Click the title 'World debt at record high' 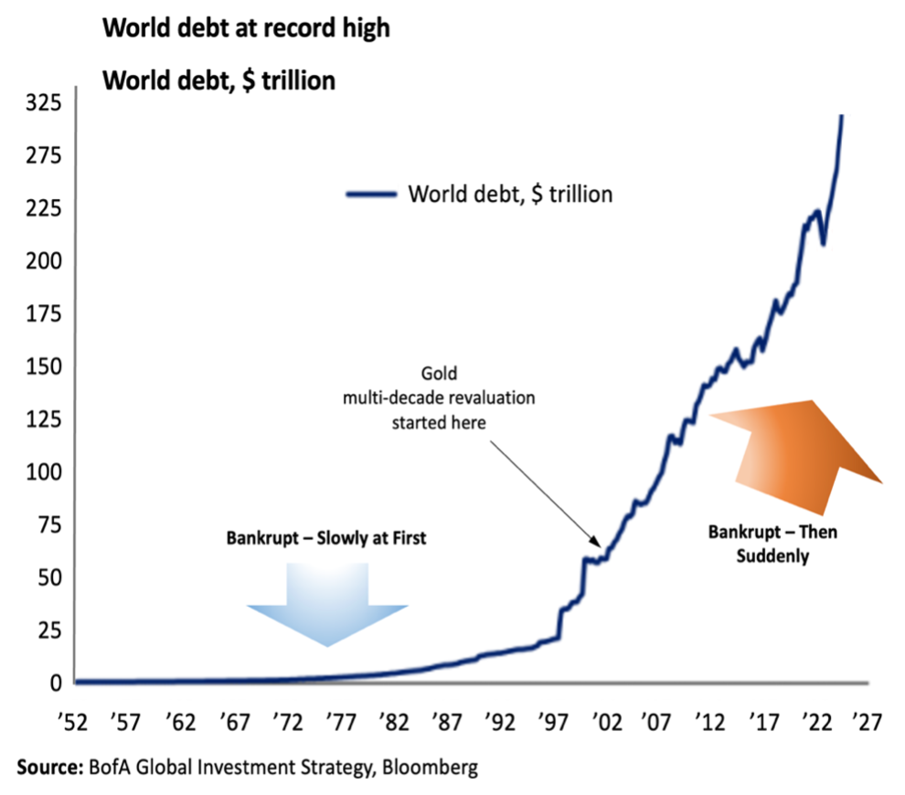pos(245,28)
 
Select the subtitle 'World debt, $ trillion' pos(218,80)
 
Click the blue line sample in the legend pos(371,194)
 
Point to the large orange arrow pos(797,449)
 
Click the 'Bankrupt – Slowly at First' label pos(326,539)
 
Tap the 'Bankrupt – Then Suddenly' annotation pos(772,543)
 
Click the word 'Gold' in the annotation pos(438,374)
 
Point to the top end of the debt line pos(841,116)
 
